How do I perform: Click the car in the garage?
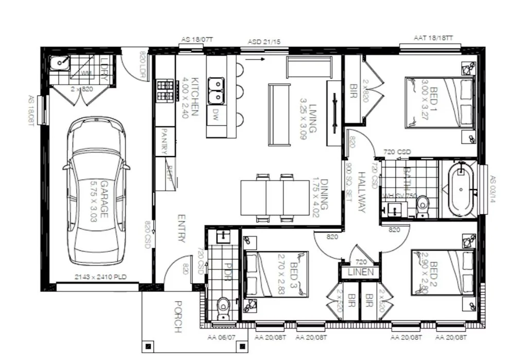(96, 191)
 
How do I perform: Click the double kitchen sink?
(216, 90)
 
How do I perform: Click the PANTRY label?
(165, 141)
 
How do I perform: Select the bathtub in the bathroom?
(462, 190)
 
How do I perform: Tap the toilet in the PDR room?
(223, 308)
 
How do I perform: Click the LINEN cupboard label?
(360, 272)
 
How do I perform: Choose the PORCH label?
(178, 316)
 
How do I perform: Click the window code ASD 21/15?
(264, 41)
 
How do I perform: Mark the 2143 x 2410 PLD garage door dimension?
(101, 277)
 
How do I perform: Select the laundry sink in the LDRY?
(61, 63)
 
